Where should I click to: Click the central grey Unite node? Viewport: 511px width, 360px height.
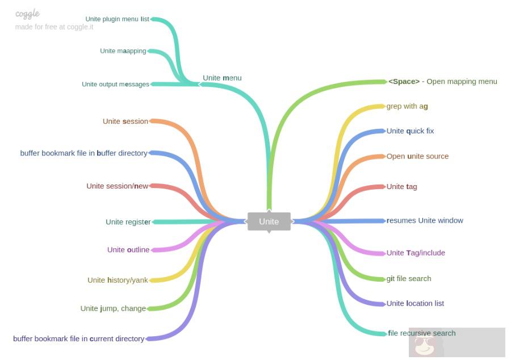pos(269,221)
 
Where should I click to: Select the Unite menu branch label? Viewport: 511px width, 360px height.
pos(222,78)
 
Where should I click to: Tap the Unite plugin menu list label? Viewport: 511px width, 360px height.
pos(117,19)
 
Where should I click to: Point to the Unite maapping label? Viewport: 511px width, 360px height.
pos(123,51)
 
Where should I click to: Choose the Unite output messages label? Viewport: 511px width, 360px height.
pos(115,85)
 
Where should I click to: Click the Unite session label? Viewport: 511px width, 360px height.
pos(125,121)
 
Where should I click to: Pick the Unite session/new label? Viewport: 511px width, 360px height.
pos(117,186)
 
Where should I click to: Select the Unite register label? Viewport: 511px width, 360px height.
pos(128,222)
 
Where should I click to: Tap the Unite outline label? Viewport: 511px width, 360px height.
pos(128,250)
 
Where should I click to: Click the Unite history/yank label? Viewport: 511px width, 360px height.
pos(118,280)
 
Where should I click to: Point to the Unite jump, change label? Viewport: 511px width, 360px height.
pos(113,308)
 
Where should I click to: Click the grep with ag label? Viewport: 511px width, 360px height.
pos(407,106)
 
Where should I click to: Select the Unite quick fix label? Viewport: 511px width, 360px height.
pos(410,131)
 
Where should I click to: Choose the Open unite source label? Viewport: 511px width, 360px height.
pos(417,156)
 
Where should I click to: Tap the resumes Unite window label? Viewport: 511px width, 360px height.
pos(425,220)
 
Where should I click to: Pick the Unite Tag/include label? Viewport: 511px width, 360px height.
pos(416,253)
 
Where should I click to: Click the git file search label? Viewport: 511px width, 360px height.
pos(409,278)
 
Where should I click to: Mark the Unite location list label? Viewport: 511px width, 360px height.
pos(415,303)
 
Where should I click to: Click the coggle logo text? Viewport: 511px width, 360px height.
pos(27,14)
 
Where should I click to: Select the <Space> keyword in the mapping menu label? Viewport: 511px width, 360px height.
pos(404,81)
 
